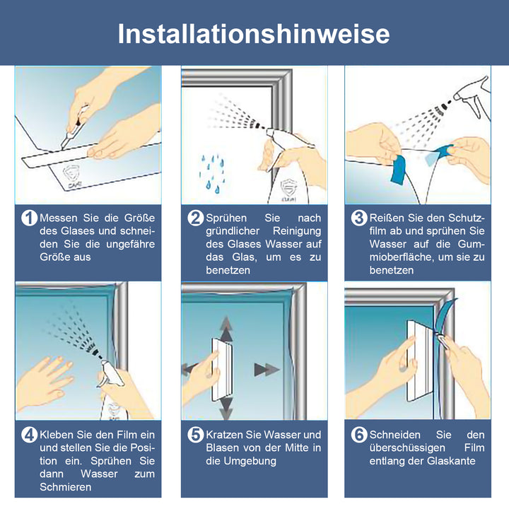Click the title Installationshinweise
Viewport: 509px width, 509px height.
click(x=254, y=33)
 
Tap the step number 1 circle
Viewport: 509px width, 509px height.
click(x=29, y=218)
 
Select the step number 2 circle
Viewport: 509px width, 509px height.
click(x=195, y=218)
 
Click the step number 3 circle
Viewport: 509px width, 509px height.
click(x=359, y=218)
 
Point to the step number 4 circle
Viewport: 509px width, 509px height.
click(x=29, y=435)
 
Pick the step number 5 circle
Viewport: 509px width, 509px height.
click(x=195, y=435)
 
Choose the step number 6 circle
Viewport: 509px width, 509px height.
click(x=359, y=435)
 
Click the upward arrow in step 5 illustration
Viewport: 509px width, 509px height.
click(x=226, y=328)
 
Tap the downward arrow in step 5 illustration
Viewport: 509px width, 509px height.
click(x=226, y=408)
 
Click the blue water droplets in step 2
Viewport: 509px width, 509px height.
click(x=212, y=173)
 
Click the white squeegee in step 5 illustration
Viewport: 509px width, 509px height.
click(x=218, y=368)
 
